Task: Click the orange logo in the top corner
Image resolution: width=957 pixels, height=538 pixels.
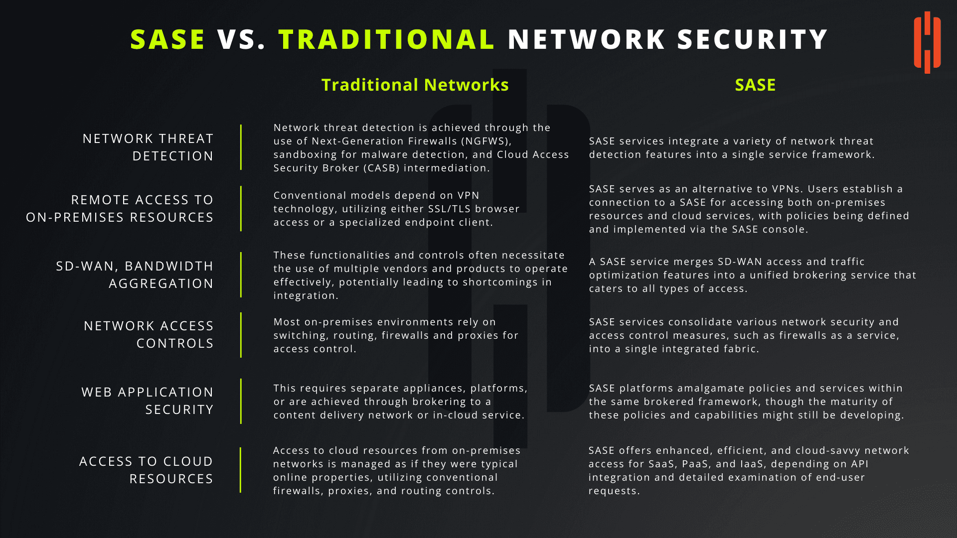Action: tap(927, 42)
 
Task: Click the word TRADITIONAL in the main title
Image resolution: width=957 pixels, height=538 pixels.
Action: tap(386, 40)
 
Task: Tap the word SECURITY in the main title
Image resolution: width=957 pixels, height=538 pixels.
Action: tap(753, 40)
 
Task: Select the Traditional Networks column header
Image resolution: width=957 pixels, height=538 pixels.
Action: tap(415, 85)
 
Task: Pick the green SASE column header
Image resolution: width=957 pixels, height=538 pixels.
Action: tap(755, 85)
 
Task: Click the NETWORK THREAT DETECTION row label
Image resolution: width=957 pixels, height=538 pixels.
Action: tap(148, 147)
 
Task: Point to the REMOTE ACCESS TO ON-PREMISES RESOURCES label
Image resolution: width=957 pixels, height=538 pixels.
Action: tap(120, 208)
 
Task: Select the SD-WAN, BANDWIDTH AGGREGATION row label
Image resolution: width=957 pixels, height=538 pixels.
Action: tap(135, 274)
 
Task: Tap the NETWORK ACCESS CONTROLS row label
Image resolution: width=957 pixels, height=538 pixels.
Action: tap(149, 334)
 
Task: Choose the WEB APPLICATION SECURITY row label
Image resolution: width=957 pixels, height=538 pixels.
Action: tap(148, 401)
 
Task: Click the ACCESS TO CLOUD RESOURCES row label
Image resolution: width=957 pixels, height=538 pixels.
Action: tap(146, 470)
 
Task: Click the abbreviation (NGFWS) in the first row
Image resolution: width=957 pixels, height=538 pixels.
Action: tap(485, 141)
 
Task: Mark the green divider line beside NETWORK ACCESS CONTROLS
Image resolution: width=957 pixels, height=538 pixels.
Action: tap(241, 335)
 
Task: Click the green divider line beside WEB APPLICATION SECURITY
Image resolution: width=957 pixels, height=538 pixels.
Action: tap(241, 401)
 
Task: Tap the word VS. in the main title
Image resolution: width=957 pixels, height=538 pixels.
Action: tap(241, 40)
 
